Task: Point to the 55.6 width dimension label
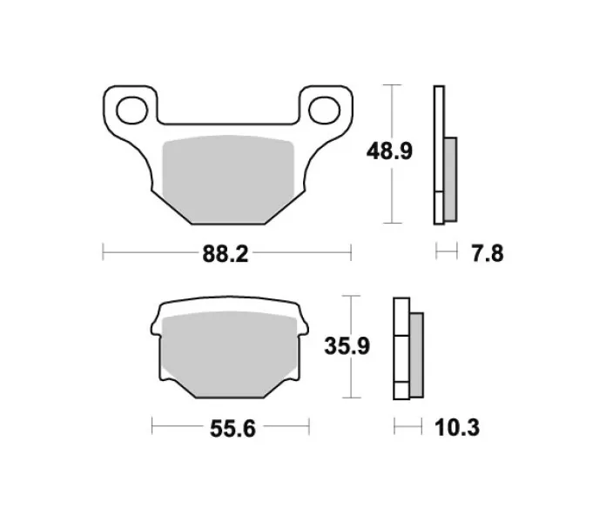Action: coord(231,428)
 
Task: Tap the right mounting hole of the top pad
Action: coord(323,110)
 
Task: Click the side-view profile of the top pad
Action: coord(439,153)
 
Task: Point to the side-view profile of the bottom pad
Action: coord(401,348)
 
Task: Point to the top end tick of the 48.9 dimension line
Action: coord(394,85)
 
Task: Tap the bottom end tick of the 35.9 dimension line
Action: coord(351,398)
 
